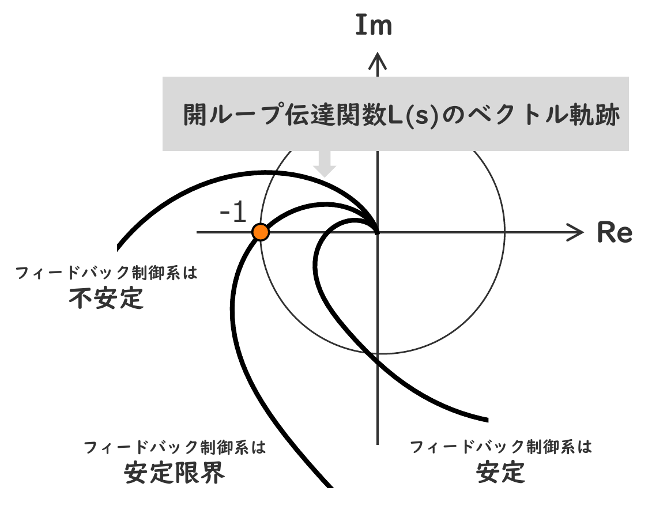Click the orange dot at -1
click(x=261, y=232)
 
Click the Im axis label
click(x=374, y=27)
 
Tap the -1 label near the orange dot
click(x=232, y=213)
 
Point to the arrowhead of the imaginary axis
click(x=377, y=56)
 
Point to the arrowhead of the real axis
click(x=579, y=232)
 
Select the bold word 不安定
click(x=105, y=299)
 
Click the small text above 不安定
click(x=107, y=273)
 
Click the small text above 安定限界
click(x=175, y=447)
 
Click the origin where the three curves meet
click(x=377, y=232)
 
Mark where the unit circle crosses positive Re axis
click(x=505, y=232)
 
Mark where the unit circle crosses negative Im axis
click(x=377, y=354)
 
